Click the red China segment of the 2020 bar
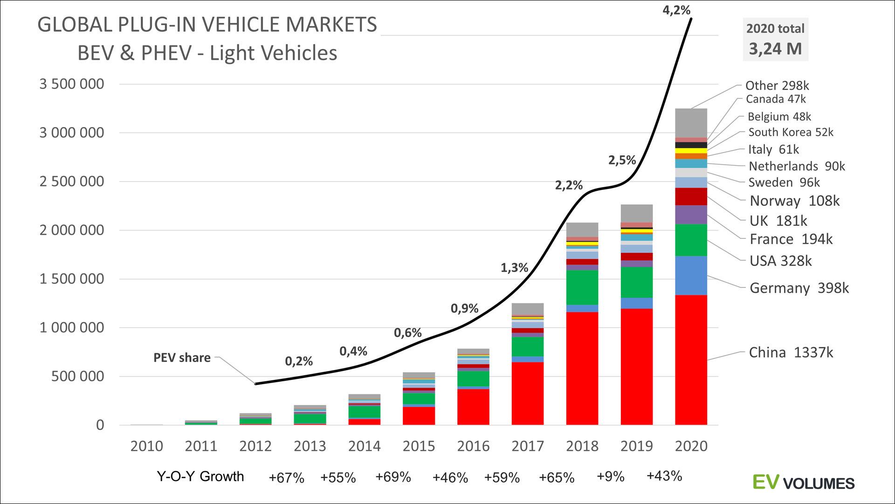(x=691, y=359)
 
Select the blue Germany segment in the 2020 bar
(x=691, y=275)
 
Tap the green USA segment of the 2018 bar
(x=582, y=287)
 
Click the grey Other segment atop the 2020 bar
(x=691, y=123)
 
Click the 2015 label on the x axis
(x=419, y=446)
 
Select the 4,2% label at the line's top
(x=676, y=10)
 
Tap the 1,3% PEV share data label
(x=514, y=268)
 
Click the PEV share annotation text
(x=182, y=358)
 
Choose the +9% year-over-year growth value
(x=610, y=476)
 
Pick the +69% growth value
(x=393, y=477)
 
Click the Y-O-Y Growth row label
(x=200, y=476)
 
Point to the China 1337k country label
(x=791, y=352)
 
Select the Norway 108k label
(x=794, y=201)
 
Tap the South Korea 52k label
(x=791, y=133)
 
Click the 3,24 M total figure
(x=775, y=49)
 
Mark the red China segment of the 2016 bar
(x=473, y=406)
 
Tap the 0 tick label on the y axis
(x=100, y=425)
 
